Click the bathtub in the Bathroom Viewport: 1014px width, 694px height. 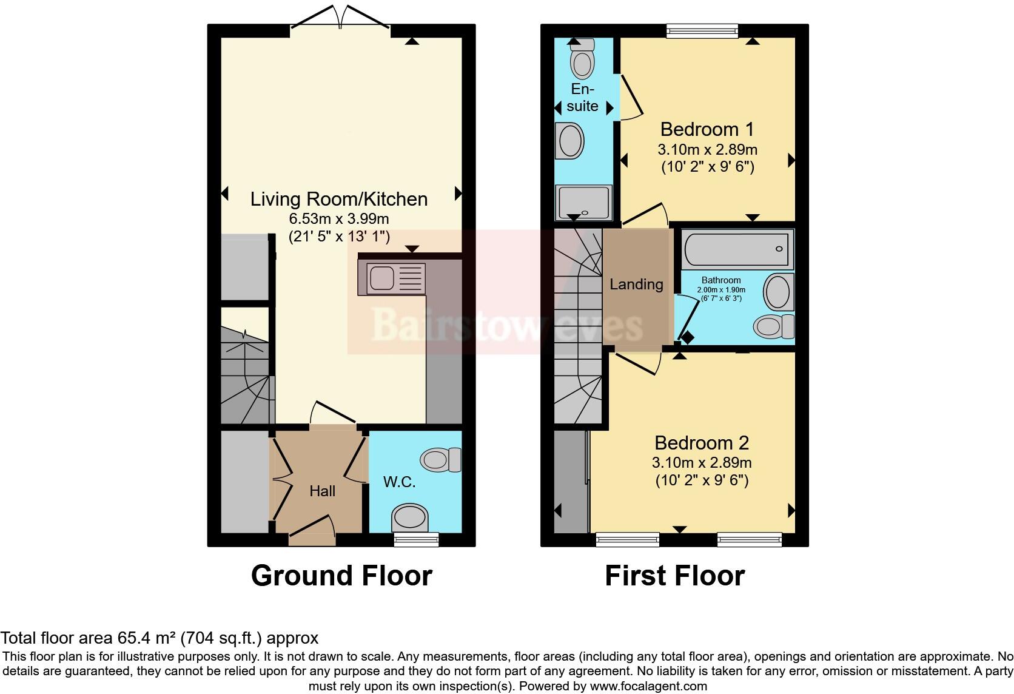pyautogui.click(x=737, y=249)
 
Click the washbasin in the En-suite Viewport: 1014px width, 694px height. pyautogui.click(x=569, y=141)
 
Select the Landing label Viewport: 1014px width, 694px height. pyautogui.click(x=636, y=284)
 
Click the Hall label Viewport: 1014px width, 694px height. pyautogui.click(x=322, y=491)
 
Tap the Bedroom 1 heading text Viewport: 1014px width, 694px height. pyautogui.click(x=707, y=129)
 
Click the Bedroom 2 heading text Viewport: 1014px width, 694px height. pyautogui.click(x=701, y=443)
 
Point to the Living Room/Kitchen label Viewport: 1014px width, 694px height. pyautogui.click(x=338, y=199)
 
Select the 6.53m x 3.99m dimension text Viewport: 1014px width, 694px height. pyautogui.click(x=338, y=218)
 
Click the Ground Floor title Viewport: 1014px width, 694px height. pyautogui.click(x=341, y=576)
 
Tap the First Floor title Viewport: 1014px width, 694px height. pyautogui.click(x=674, y=576)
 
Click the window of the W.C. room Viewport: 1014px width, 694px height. pyautogui.click(x=416, y=539)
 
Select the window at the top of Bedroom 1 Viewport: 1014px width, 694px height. pyautogui.click(x=702, y=30)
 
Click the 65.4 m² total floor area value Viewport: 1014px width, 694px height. pyautogui.click(x=146, y=638)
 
